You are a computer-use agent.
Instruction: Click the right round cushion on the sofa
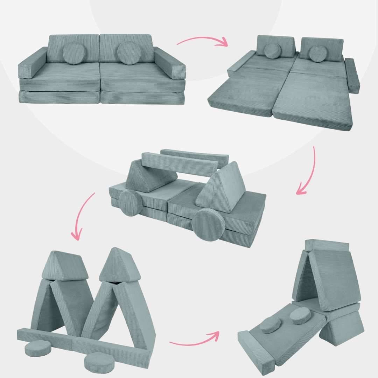127,52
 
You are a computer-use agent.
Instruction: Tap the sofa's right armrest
170,64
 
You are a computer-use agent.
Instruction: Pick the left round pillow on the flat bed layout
272,51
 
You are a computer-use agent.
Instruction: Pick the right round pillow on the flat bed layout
318,53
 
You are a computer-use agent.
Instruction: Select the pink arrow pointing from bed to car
308,171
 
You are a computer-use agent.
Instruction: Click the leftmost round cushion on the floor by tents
38,348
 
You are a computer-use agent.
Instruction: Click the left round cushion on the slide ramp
270,325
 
